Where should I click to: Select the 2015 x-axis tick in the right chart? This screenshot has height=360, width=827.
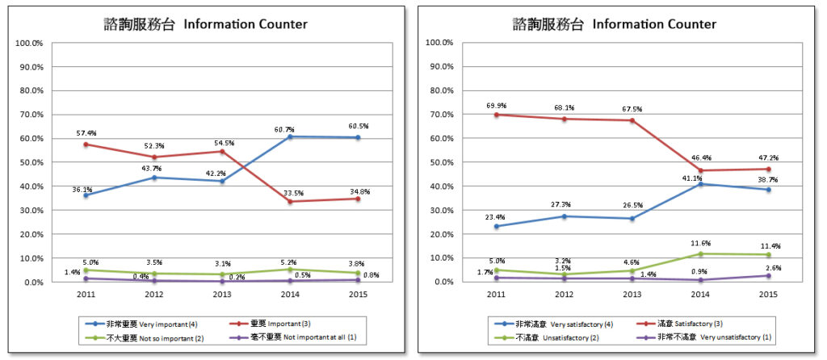pyautogui.click(x=768, y=295)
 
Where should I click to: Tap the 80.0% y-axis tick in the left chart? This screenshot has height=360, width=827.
pyautogui.click(x=30, y=90)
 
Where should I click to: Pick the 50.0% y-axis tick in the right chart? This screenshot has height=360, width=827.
pyautogui.click(x=439, y=162)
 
